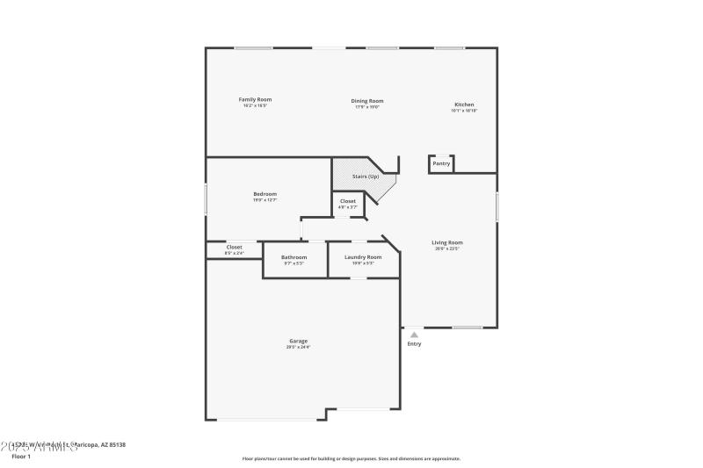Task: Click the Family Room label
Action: point(255,100)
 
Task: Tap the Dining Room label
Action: point(367,101)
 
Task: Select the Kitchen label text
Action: point(464,104)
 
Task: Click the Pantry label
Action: point(441,163)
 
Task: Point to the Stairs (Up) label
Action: point(366,176)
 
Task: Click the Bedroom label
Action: point(265,194)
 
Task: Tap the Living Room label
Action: point(446,242)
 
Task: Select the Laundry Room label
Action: point(363,257)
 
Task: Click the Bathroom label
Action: point(294,257)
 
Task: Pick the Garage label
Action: point(298,341)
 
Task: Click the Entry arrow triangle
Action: point(414,334)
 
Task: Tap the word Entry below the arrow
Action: point(414,343)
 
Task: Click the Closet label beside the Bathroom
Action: point(234,247)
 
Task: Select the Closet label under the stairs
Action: point(348,201)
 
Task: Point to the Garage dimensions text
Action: point(298,348)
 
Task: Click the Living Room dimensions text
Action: point(446,249)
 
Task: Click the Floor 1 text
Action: point(21,457)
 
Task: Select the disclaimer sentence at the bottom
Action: point(351,458)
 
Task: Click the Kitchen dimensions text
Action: point(464,112)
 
